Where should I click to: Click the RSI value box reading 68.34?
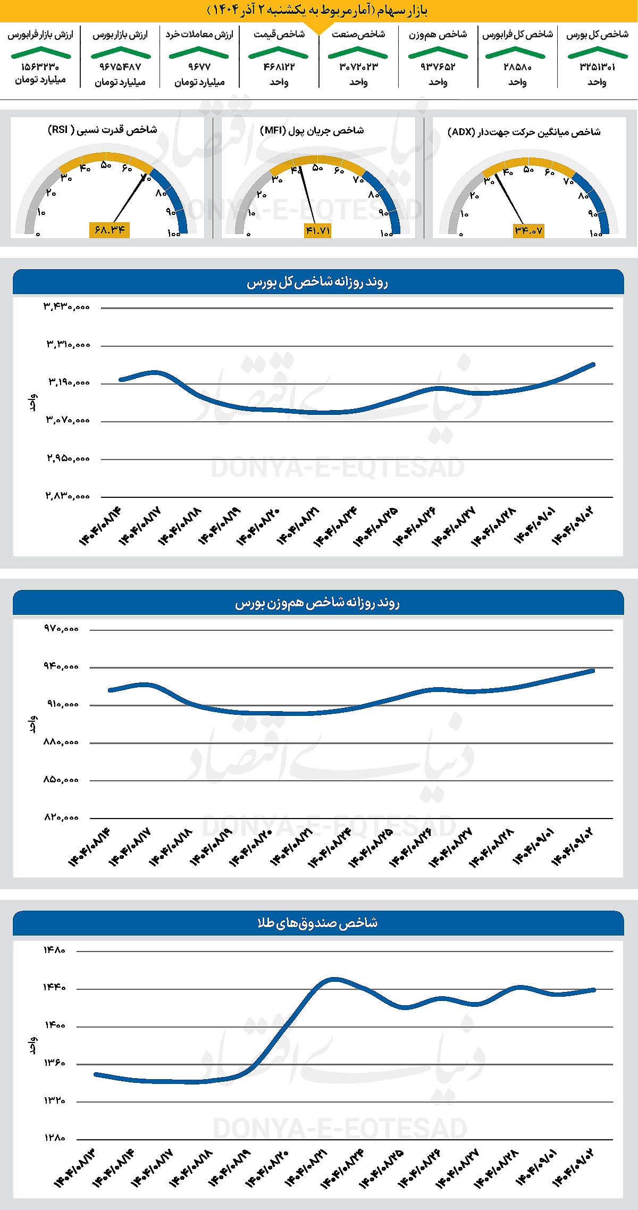(110, 230)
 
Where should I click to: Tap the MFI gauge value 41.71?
(317, 231)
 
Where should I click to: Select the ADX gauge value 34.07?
(528, 231)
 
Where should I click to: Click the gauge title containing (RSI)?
(103, 130)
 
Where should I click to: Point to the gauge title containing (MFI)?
(312, 130)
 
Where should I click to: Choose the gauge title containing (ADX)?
(524, 132)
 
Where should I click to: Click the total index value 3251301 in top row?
(597, 67)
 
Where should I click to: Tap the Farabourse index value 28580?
(517, 67)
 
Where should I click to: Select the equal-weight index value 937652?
(438, 67)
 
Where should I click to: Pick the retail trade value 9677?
(199, 67)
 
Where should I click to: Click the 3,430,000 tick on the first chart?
(67, 307)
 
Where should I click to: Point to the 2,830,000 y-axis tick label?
(67, 496)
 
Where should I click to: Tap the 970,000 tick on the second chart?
(61, 629)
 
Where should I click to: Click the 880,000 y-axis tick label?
(61, 742)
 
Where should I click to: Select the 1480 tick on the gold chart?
(54, 950)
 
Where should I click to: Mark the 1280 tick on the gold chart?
(54, 1138)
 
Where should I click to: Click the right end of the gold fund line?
(593, 990)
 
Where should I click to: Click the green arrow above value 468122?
(279, 52)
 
